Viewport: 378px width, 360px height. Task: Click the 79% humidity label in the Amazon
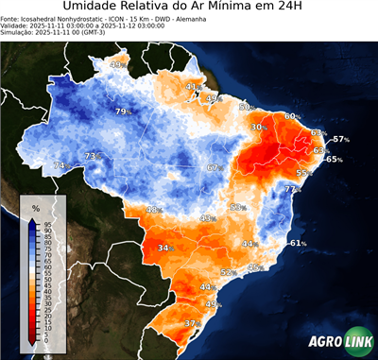click(122, 112)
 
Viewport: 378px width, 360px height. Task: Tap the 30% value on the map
click(259, 127)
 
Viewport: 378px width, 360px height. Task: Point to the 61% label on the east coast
click(298, 243)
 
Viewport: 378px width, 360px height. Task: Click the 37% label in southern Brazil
click(193, 323)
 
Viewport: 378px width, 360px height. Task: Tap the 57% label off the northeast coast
click(340, 139)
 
